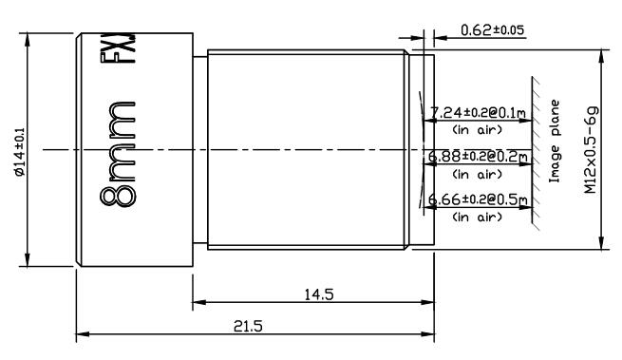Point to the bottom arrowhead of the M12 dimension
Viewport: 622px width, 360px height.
(600, 245)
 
